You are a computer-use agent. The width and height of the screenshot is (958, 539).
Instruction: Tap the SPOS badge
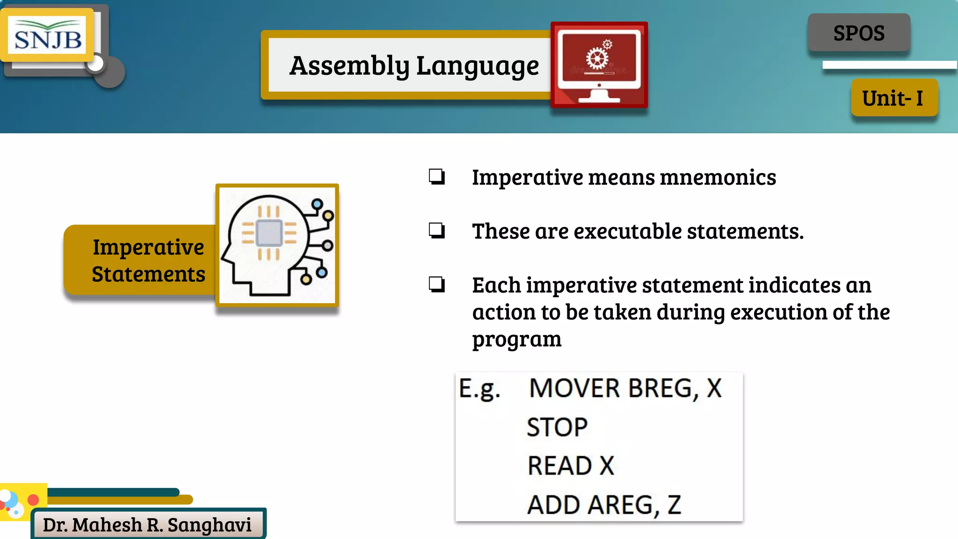coord(859,33)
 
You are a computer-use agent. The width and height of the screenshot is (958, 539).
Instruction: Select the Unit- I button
coord(894,98)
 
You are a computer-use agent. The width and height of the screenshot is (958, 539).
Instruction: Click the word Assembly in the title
coord(349,66)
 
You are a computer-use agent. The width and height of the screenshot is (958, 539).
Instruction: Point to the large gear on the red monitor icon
coord(597,59)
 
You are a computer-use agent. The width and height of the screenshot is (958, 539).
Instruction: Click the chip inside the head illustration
coord(269,233)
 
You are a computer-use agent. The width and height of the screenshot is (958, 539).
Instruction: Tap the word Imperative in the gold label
coord(148,247)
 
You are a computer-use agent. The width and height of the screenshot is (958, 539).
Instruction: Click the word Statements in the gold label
coord(148,274)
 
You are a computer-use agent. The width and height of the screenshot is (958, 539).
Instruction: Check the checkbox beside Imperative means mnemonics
coord(436,177)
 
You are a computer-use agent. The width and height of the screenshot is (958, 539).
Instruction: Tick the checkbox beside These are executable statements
coord(436,230)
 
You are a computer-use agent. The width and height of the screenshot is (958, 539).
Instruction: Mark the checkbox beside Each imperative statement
coord(436,284)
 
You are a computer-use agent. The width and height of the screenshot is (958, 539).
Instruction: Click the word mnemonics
coord(718,177)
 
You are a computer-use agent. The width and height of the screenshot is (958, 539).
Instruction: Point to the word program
coord(516,339)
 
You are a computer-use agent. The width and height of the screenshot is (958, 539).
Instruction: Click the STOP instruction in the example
coord(557,427)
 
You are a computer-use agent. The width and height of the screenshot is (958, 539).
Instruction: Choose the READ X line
coord(571,466)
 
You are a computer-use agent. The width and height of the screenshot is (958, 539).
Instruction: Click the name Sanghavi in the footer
coord(209,525)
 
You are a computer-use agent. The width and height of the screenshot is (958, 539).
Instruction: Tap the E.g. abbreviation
coord(479,389)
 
